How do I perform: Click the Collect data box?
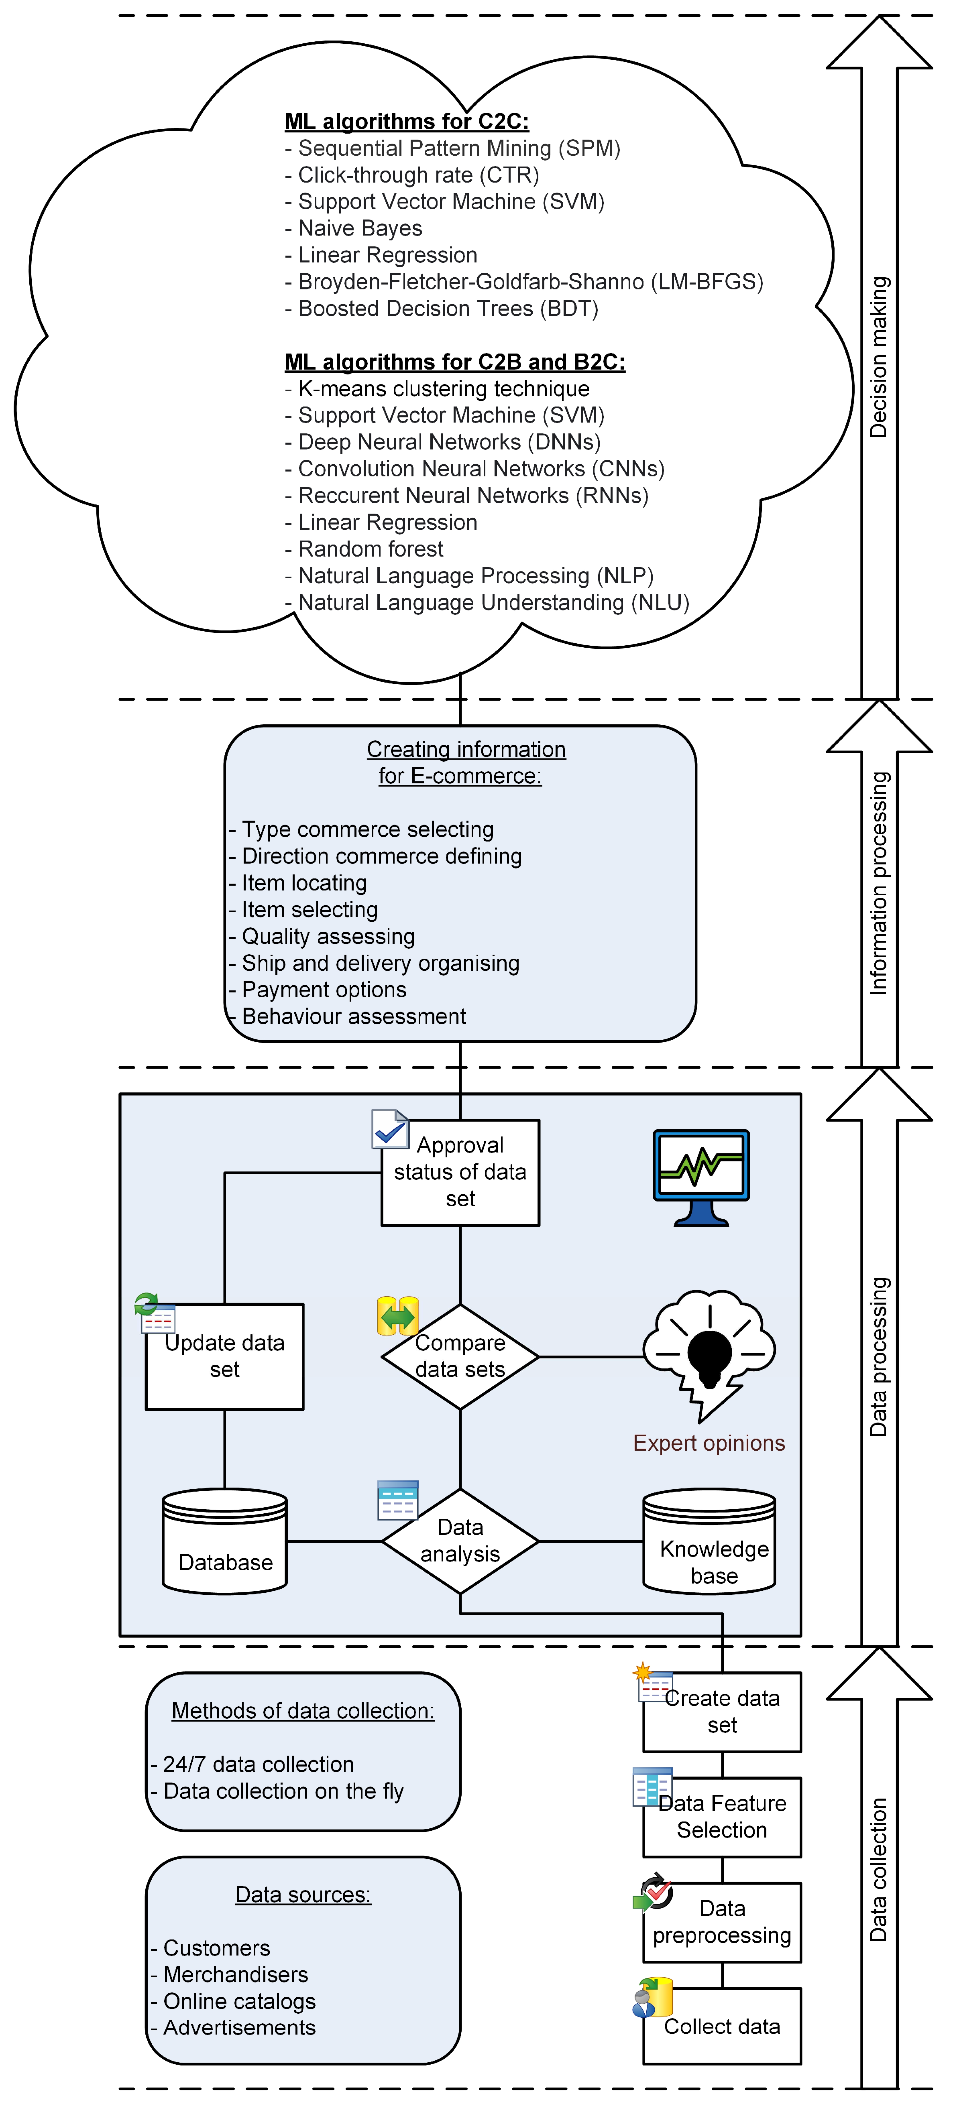coord(722,2027)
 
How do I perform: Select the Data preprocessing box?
coord(722,1922)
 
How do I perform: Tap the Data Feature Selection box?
coord(722,1817)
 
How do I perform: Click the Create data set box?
coord(722,1712)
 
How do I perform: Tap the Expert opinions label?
coord(709,1443)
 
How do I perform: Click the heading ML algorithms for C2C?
coord(407,122)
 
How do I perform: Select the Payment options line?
coord(324,990)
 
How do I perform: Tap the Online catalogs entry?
coord(238,2001)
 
